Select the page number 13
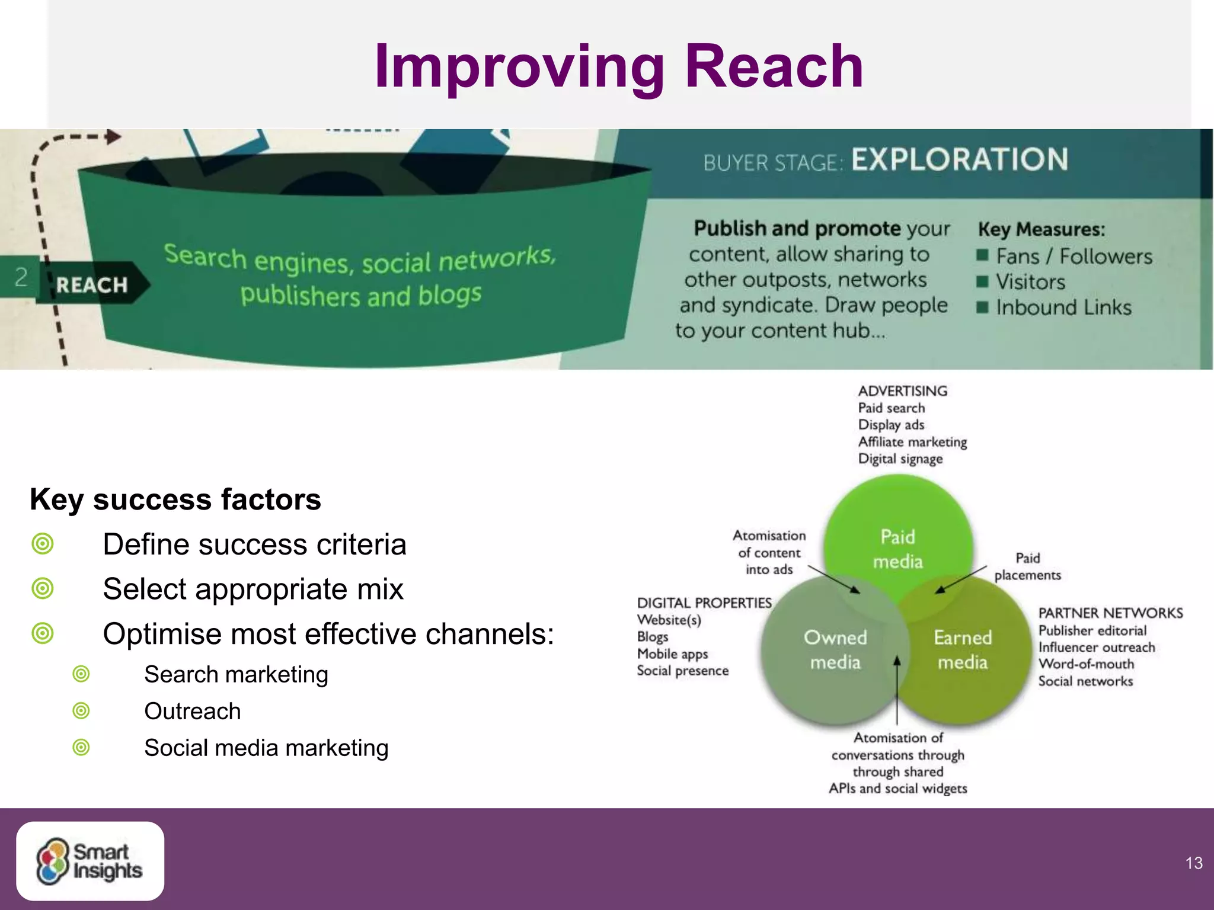pyautogui.click(x=1194, y=863)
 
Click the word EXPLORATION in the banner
pyautogui.click(x=960, y=160)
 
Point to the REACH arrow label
pyautogui.click(x=92, y=285)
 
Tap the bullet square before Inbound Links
pyautogui.click(x=982, y=307)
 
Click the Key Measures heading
pyautogui.click(x=1041, y=229)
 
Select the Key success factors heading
pyautogui.click(x=175, y=499)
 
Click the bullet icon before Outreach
pyautogui.click(x=81, y=711)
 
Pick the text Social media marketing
pyautogui.click(x=266, y=748)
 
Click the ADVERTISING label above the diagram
pyautogui.click(x=902, y=391)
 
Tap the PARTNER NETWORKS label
pyautogui.click(x=1110, y=613)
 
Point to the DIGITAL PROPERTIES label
pyautogui.click(x=704, y=603)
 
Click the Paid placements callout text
pyautogui.click(x=1027, y=566)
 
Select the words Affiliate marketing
pyautogui.click(x=912, y=442)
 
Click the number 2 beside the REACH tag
pyautogui.click(x=21, y=277)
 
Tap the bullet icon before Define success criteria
pyautogui.click(x=43, y=544)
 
